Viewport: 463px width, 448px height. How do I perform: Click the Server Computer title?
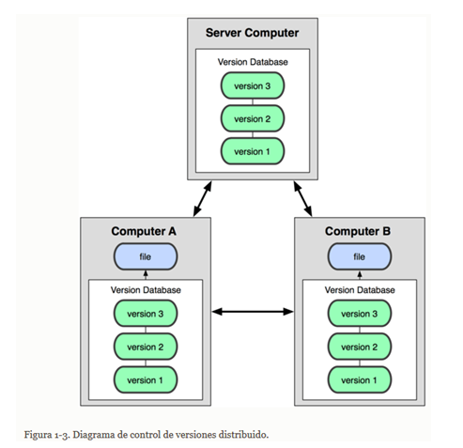coord(252,33)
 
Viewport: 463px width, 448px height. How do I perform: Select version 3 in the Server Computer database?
coord(253,85)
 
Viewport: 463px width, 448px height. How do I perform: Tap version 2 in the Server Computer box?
coord(253,118)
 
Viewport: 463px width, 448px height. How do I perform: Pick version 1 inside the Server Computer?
coord(253,151)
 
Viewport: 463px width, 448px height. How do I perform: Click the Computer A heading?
coord(144,231)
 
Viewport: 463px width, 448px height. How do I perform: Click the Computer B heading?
coord(358,231)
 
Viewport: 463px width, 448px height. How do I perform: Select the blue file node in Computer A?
coord(146,256)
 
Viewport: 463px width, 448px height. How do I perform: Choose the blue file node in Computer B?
coord(360,256)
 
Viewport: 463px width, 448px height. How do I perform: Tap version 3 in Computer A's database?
coord(146,314)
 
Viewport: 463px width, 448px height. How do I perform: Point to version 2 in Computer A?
coord(146,347)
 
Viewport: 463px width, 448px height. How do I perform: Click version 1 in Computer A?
coord(146,379)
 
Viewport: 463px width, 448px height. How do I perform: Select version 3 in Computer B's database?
coord(360,314)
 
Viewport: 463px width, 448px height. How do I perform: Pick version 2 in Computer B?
coord(360,347)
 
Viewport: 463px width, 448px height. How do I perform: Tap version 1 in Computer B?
coord(360,379)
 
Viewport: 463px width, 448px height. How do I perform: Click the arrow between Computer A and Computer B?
coord(253,312)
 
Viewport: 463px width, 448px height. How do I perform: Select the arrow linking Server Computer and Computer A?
coord(203,199)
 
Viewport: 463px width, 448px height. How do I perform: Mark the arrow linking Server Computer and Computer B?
coord(302,199)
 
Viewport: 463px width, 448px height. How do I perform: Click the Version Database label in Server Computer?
coord(253,62)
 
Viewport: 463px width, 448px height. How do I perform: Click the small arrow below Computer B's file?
coord(360,275)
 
